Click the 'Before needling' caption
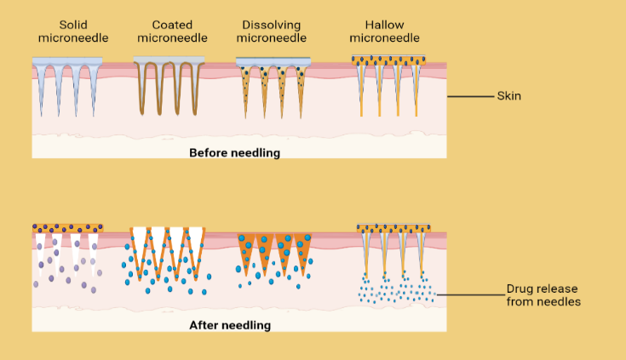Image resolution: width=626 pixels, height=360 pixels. (234, 153)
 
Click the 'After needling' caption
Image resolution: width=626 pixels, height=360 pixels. (230, 325)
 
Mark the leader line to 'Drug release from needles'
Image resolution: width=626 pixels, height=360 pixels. (468, 294)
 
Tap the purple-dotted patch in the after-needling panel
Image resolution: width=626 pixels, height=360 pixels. (66, 228)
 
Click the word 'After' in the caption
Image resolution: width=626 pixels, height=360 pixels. (204, 325)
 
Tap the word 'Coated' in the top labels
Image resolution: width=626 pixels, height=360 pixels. (169, 25)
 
